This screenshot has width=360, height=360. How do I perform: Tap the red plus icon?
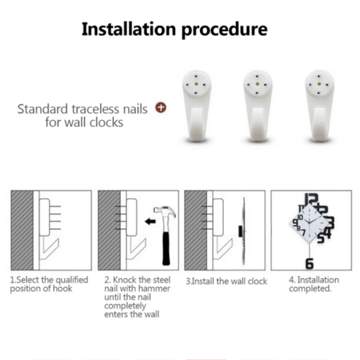[x=161, y=108]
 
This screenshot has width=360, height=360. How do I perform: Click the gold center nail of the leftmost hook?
[x=196, y=84]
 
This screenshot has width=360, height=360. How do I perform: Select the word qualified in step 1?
[x=72, y=280]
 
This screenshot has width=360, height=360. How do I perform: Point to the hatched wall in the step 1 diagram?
[x=22, y=229]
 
